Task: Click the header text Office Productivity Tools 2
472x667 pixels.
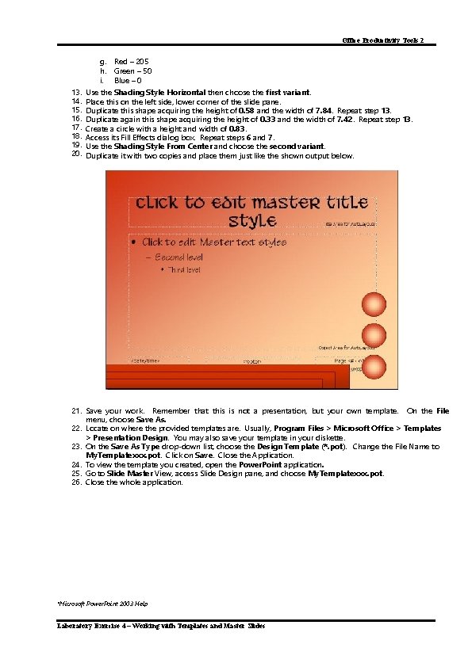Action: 389,40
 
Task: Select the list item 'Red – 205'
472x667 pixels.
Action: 131,61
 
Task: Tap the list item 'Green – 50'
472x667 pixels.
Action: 132,71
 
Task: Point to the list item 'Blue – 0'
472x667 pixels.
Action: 128,80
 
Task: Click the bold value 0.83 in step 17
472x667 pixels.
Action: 237,128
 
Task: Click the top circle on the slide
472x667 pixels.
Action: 374,304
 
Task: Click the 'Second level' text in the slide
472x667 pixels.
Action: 178,257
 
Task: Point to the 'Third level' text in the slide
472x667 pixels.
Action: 183,270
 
